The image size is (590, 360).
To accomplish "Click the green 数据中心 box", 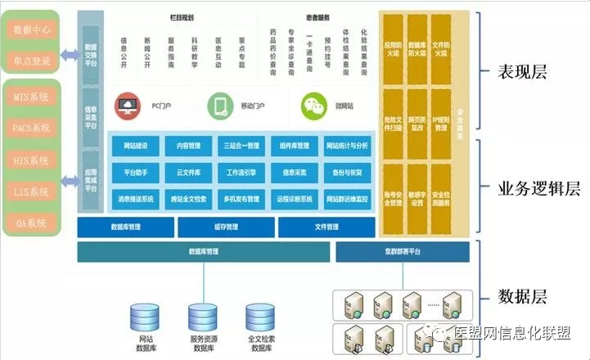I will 32,31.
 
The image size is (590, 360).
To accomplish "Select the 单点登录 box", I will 32,61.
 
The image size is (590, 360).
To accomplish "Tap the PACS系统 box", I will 32,128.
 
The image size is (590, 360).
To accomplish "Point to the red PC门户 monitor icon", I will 127,106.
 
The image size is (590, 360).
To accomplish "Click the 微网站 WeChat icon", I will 312,106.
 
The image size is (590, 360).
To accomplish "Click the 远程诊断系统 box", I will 294,199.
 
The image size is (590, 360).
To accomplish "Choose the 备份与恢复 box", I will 347,173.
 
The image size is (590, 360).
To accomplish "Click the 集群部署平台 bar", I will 402,252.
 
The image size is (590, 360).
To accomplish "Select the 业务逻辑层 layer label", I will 538,189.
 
